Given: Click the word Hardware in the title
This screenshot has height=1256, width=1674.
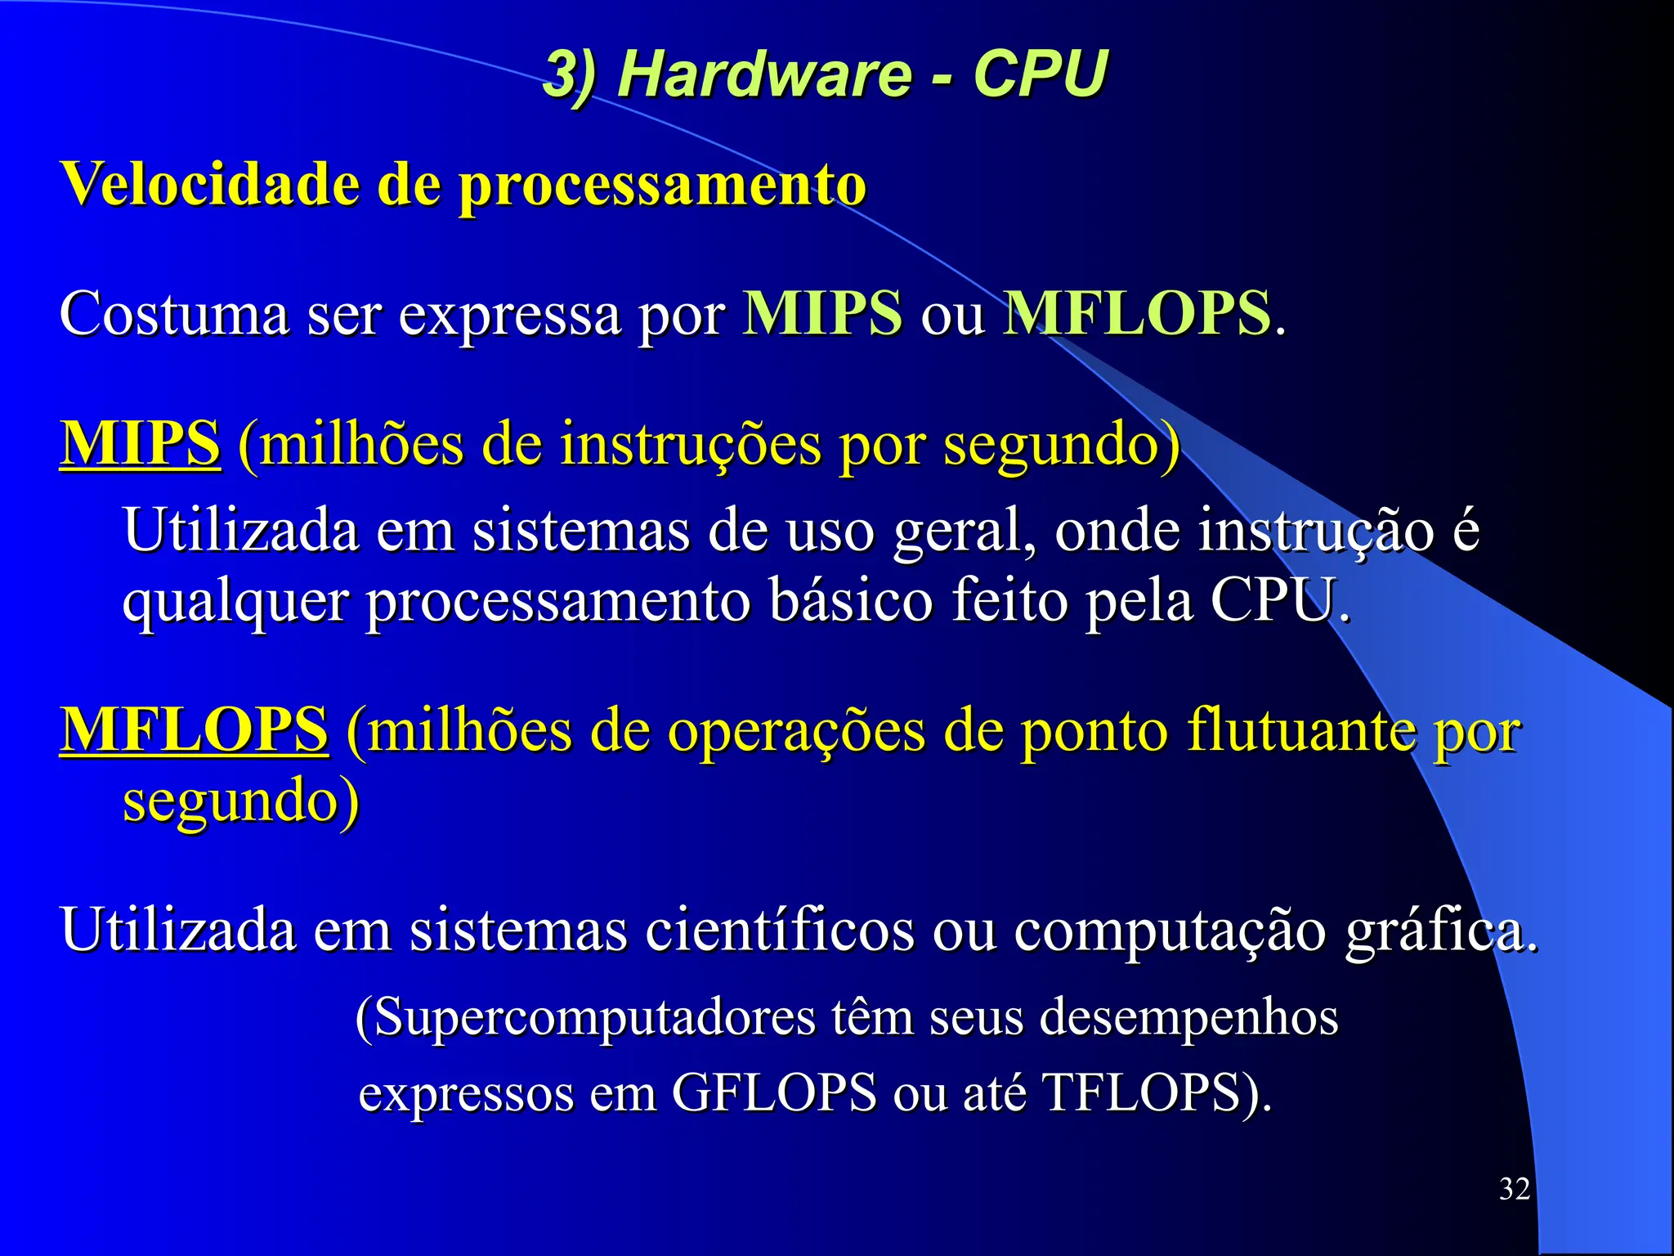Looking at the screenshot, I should point(764,74).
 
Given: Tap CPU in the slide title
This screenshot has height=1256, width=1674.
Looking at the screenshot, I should point(1040,74).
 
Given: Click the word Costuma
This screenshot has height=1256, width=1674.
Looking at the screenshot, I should point(174,314).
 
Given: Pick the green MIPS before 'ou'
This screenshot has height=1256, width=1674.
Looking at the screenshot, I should point(822,313).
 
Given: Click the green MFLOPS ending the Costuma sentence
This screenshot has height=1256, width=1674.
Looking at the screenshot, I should point(1137,313).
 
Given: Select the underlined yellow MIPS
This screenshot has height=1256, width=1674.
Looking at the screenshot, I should point(141,443).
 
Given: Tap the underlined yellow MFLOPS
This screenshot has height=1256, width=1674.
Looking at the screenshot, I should point(195,729).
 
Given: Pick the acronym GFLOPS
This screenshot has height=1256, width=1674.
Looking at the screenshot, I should point(774,1092).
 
